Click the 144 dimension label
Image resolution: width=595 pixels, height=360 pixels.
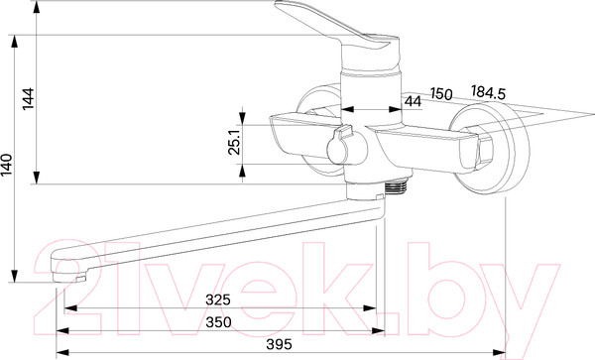tap(29, 98)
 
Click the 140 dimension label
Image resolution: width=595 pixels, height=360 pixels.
tap(7, 165)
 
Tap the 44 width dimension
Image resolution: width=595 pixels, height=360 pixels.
tap(413, 101)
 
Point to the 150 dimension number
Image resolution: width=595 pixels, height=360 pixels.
tap(441, 93)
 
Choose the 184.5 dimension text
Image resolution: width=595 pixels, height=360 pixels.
tap(488, 92)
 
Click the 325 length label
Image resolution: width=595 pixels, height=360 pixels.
tap(218, 300)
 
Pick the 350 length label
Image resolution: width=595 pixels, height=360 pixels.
tap(218, 322)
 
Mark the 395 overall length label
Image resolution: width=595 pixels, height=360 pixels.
tap(280, 344)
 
